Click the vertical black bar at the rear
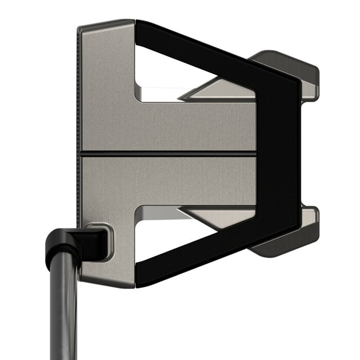tap(278, 154)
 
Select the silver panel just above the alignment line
tap(170, 126)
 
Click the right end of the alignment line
tap(254, 152)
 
